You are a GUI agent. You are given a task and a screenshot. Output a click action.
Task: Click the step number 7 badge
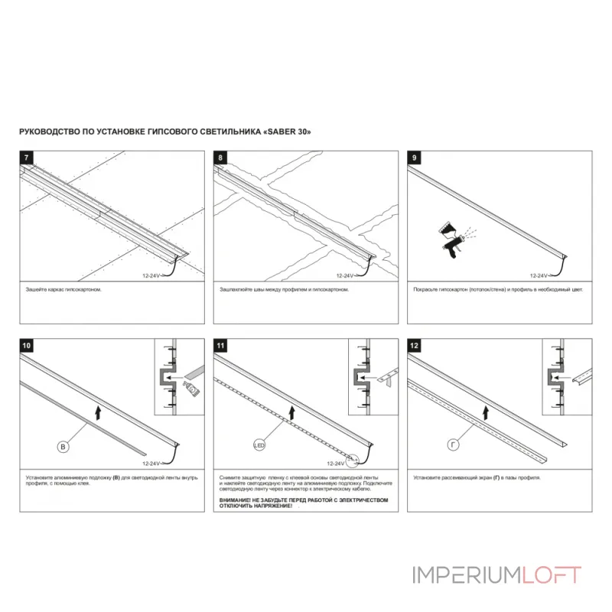point(28,158)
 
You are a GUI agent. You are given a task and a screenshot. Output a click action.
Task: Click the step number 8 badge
point(221,158)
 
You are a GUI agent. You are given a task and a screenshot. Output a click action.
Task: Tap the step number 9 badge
point(415,158)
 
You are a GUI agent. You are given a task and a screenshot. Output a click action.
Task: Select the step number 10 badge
point(28,346)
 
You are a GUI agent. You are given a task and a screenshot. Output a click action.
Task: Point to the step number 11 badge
point(222,346)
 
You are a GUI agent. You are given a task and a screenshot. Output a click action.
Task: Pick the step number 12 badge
point(415,346)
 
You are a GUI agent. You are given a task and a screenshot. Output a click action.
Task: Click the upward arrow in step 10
point(99,414)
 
